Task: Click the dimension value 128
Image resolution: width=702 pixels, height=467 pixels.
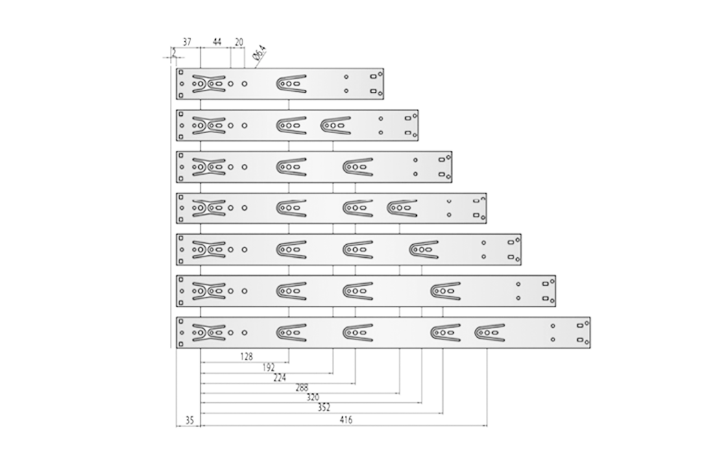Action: [x=247, y=356]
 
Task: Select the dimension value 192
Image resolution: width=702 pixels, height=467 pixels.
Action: [x=269, y=368]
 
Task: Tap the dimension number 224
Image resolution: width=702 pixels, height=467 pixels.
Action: [x=280, y=377]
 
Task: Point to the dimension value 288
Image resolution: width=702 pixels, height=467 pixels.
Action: [x=302, y=387]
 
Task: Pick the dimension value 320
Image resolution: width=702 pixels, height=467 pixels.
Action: [x=313, y=397]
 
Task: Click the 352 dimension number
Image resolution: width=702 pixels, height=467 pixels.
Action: [x=324, y=407]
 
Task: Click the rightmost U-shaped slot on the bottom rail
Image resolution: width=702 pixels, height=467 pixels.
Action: [x=489, y=332]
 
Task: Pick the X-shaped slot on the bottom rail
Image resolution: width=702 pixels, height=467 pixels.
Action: [x=208, y=332]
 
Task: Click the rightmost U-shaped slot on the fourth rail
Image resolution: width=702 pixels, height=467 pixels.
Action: [x=402, y=208]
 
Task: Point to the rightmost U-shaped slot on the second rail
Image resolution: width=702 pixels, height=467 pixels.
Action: [x=335, y=125]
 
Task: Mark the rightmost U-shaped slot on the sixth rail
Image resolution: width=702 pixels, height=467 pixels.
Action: [x=446, y=291]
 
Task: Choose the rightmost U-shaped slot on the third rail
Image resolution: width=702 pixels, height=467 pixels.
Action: [x=358, y=167]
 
